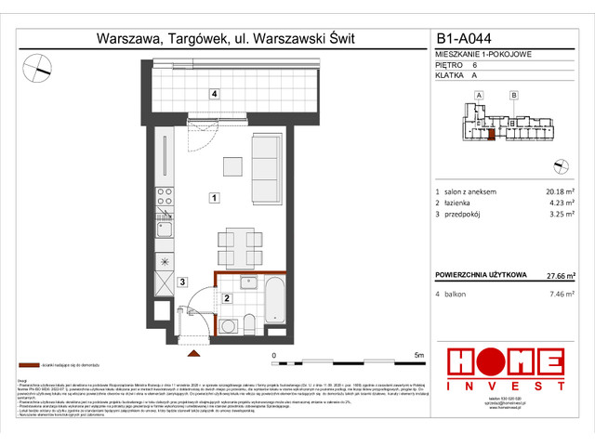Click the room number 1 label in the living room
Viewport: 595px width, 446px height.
tap(214, 198)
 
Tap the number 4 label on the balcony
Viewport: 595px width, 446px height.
tap(214, 94)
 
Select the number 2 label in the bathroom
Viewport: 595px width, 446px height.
tap(226, 298)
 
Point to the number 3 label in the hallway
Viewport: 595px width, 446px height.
tap(183, 282)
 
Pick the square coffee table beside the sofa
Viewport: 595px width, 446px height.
tap(232, 165)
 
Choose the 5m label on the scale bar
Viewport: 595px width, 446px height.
tap(418, 356)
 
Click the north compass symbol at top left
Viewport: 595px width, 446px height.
tap(38, 66)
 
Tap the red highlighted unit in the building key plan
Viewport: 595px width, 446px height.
tap(490, 135)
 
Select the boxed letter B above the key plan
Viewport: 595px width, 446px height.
tap(513, 95)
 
